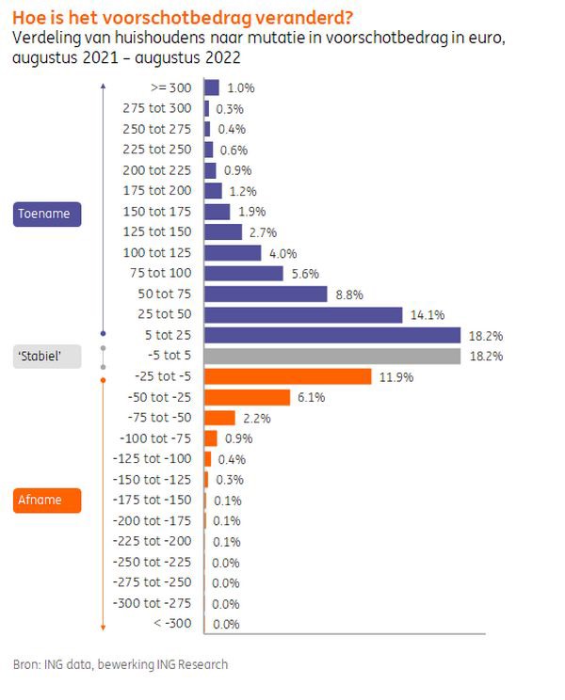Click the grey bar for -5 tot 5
[x=331, y=356]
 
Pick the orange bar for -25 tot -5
[x=287, y=376]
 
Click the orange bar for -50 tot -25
[x=247, y=397]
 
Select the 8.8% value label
[x=349, y=294]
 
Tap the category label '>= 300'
[x=169, y=87]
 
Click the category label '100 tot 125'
[x=157, y=252]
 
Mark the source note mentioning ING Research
[x=121, y=664]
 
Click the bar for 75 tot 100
[x=243, y=273]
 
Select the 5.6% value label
[x=303, y=273]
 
